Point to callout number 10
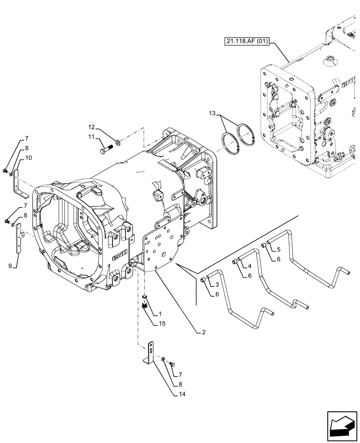pyautogui.click(x=28, y=158)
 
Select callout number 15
pyautogui.click(x=163, y=323)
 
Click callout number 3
pyautogui.click(x=217, y=284)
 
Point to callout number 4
pyautogui.click(x=249, y=266)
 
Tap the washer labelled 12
pyautogui.click(x=117, y=142)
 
